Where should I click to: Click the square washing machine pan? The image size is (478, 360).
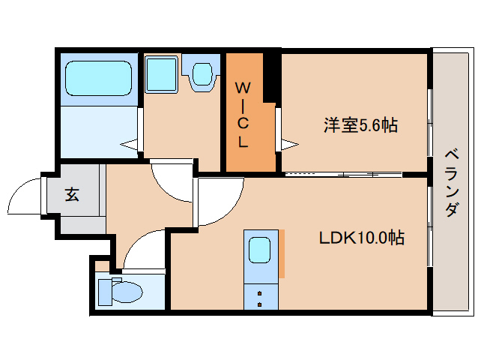click(160, 74)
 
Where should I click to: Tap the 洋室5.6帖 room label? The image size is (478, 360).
click(360, 125)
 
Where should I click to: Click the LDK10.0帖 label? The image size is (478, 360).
click(362, 238)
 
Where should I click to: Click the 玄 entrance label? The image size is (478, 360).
click(72, 195)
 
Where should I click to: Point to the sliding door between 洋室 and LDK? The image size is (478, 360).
click(343, 174)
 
